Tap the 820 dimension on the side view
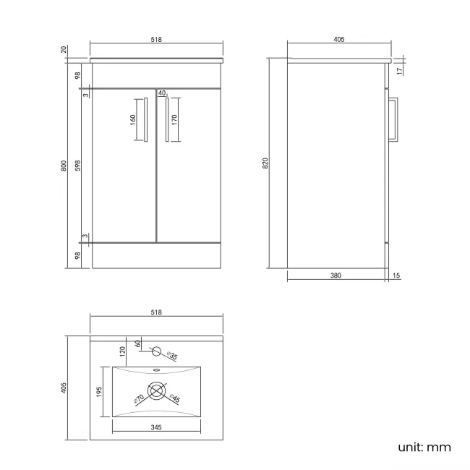(266, 163)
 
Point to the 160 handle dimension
(133, 119)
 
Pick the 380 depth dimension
(336, 275)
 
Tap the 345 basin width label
(156, 427)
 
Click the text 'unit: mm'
(424, 447)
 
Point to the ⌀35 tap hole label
(172, 355)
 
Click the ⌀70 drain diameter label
(137, 398)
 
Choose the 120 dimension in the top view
(124, 352)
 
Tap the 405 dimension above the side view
(338, 39)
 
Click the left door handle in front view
(145, 121)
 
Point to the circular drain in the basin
(156, 393)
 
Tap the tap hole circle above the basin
(155, 353)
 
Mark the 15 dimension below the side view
(396, 275)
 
